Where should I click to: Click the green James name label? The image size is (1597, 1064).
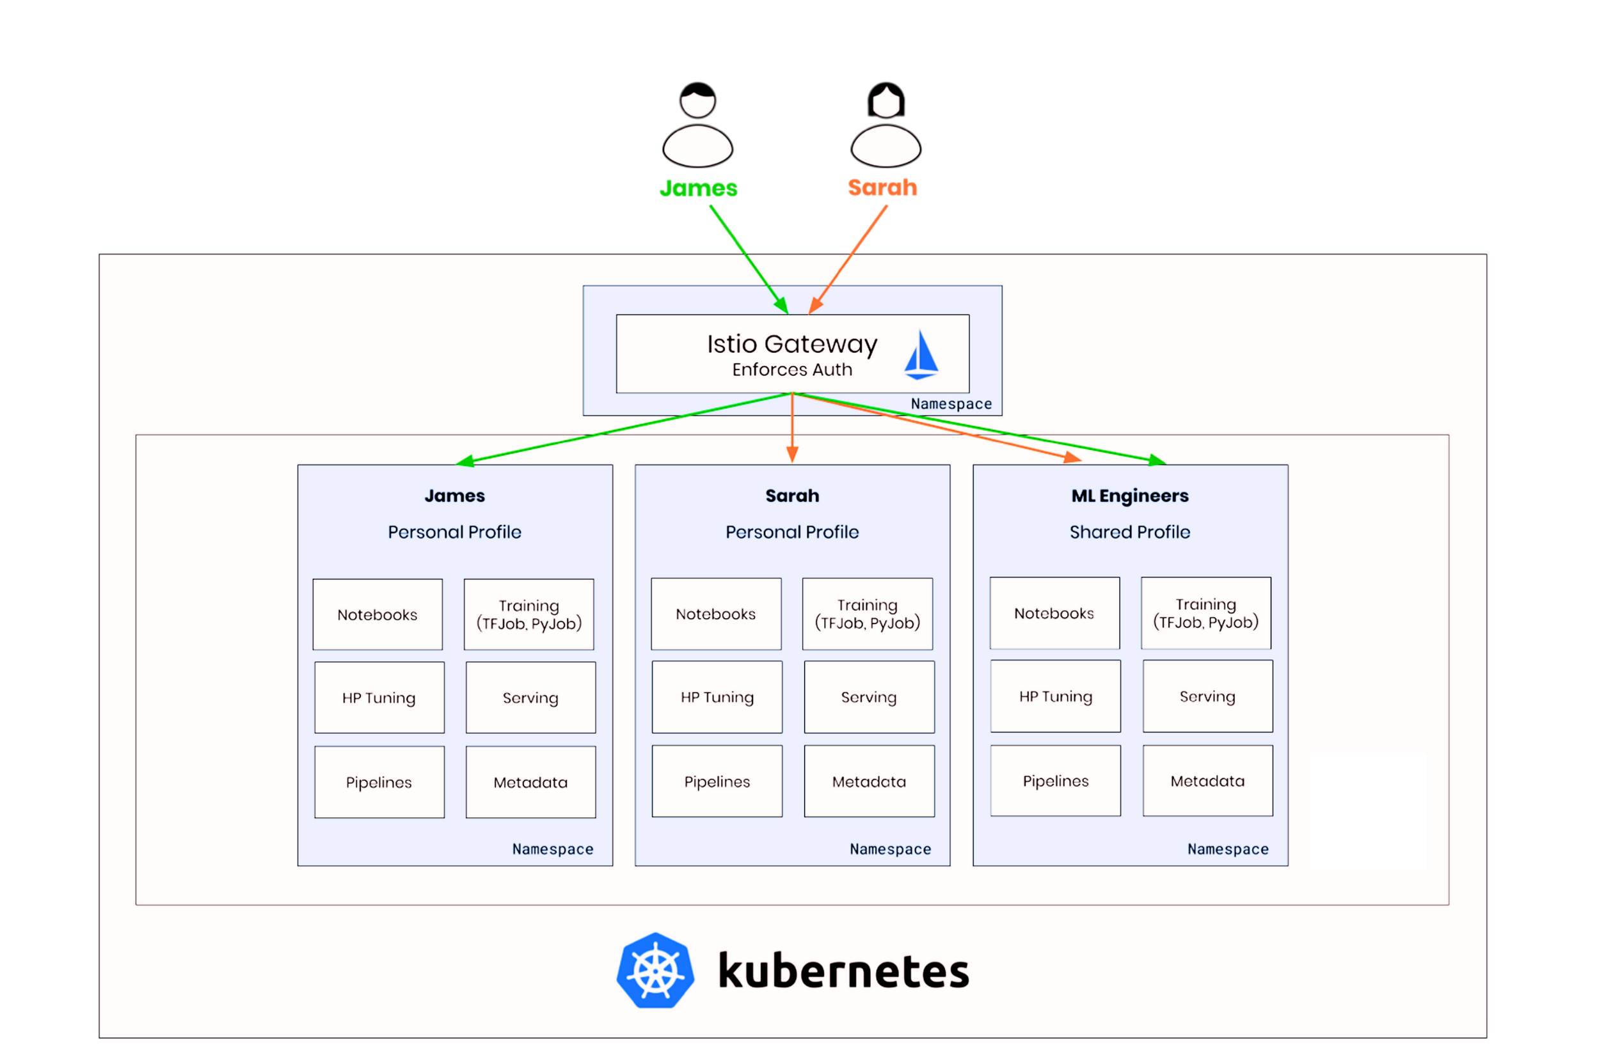[698, 188]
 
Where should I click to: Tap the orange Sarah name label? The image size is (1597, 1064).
[882, 187]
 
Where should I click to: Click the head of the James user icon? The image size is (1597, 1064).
[697, 100]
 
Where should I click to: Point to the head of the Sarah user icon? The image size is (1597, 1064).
[886, 100]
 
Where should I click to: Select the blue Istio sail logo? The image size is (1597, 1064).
[921, 354]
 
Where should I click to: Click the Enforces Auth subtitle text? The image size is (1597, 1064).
[791, 370]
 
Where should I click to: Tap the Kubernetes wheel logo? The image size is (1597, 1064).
[655, 971]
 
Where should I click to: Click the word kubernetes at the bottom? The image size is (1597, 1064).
[843, 972]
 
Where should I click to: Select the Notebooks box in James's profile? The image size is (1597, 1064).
[377, 614]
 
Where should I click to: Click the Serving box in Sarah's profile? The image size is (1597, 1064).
[868, 698]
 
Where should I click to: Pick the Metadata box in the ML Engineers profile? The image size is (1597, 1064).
[1207, 781]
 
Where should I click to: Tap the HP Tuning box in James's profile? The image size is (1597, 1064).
[379, 698]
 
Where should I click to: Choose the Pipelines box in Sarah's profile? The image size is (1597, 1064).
[717, 782]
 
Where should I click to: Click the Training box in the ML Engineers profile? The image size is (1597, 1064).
[1205, 613]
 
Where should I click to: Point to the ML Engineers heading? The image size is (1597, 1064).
[1130, 496]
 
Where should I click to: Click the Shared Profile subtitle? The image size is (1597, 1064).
[1130, 532]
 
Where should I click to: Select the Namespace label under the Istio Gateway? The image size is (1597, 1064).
[951, 404]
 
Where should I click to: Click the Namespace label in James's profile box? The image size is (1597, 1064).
[553, 850]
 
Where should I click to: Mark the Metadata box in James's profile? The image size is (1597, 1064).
[530, 783]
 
